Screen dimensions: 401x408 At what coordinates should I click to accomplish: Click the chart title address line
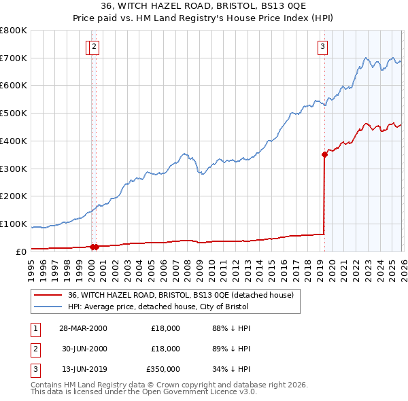204,6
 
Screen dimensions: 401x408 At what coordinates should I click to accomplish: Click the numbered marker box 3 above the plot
322,47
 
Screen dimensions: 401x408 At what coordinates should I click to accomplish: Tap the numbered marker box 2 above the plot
94,47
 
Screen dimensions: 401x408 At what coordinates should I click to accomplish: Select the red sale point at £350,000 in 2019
324,154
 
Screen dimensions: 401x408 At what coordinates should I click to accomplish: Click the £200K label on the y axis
14,196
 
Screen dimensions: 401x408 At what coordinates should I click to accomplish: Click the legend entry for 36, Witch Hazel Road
180,295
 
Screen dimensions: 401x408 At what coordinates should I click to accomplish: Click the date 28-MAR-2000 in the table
83,328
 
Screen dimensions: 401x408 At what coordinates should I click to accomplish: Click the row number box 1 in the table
35,328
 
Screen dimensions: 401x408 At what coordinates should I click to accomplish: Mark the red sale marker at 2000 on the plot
94,247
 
